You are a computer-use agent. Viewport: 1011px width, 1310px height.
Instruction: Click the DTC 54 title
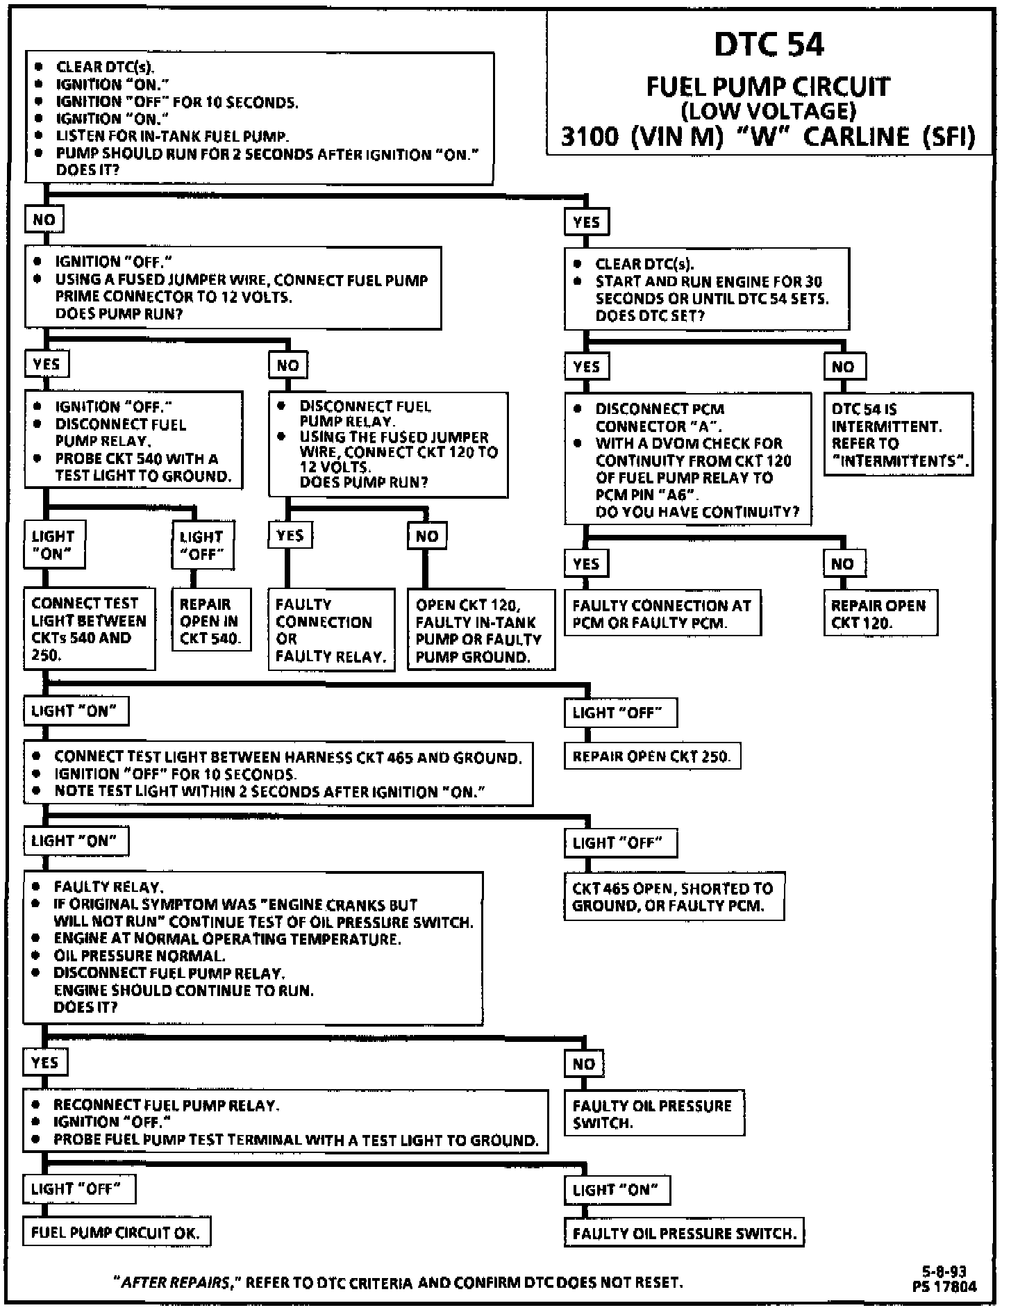tap(769, 45)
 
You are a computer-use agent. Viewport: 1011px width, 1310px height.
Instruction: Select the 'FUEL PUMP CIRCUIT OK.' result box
tap(116, 1232)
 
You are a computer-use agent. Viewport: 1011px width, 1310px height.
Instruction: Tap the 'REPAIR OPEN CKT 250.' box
tap(651, 756)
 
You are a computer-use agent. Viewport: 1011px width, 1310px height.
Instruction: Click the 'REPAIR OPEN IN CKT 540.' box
tap(209, 620)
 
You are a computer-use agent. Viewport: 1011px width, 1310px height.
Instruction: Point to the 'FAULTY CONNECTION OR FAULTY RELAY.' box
tap(331, 629)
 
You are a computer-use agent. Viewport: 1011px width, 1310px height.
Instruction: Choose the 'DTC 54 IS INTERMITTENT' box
tap(899, 434)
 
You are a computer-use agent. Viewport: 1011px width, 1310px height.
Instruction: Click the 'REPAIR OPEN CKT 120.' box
tap(880, 613)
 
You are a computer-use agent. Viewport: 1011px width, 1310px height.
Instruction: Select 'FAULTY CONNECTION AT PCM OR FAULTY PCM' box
tap(662, 613)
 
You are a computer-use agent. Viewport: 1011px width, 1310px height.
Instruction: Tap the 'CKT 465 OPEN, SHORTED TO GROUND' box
tap(673, 897)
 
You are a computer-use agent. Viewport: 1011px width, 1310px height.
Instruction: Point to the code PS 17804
tap(944, 1286)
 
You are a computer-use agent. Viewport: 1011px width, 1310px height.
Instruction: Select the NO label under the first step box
tap(44, 219)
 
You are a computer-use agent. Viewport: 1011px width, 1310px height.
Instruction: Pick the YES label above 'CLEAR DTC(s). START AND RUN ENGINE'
tap(587, 222)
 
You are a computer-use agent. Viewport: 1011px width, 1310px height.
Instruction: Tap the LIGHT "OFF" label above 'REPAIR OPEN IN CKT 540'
tap(202, 545)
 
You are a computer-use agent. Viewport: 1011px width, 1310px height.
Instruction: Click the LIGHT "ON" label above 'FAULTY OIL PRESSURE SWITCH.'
tap(616, 1189)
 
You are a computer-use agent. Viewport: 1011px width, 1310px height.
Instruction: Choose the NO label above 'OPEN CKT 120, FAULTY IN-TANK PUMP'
tap(426, 536)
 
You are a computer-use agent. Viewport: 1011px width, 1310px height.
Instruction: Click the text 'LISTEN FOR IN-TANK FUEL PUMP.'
tap(172, 136)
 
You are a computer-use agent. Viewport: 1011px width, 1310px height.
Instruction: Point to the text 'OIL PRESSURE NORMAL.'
tap(140, 956)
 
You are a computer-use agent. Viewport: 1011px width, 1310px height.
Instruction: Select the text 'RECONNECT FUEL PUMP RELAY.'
tap(167, 1104)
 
